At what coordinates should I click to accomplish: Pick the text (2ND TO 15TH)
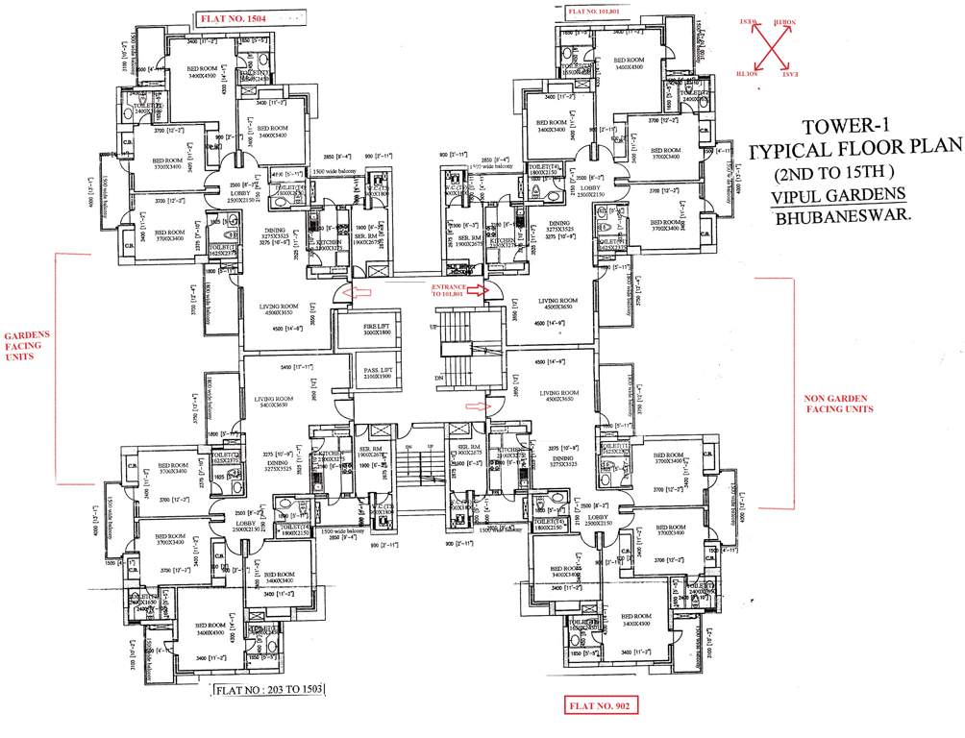click(x=835, y=173)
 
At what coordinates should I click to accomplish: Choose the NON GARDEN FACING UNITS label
click(x=838, y=402)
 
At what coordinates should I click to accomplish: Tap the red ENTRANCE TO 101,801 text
click(x=448, y=290)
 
